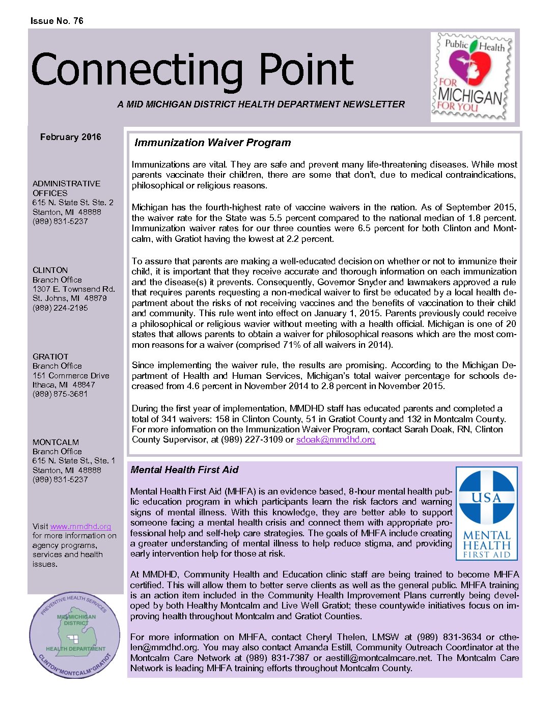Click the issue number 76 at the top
pos(78,21)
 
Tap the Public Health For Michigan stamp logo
pos(472,77)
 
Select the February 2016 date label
pos(70,137)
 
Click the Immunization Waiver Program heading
pos(212,143)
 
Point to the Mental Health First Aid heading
pos(184,470)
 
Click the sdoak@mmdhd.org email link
pos(336,439)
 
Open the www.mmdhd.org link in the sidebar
pos(80,527)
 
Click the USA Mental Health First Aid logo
pos(486,514)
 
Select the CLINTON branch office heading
pos(50,270)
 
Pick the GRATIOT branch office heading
pos(50,356)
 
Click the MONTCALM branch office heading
pos(56,442)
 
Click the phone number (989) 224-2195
pos(60,308)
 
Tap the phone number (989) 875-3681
pos(60,394)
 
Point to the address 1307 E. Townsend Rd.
pos(73,289)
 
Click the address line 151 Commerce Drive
pos(71,375)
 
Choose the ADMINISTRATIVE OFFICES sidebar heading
pos(66,188)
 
